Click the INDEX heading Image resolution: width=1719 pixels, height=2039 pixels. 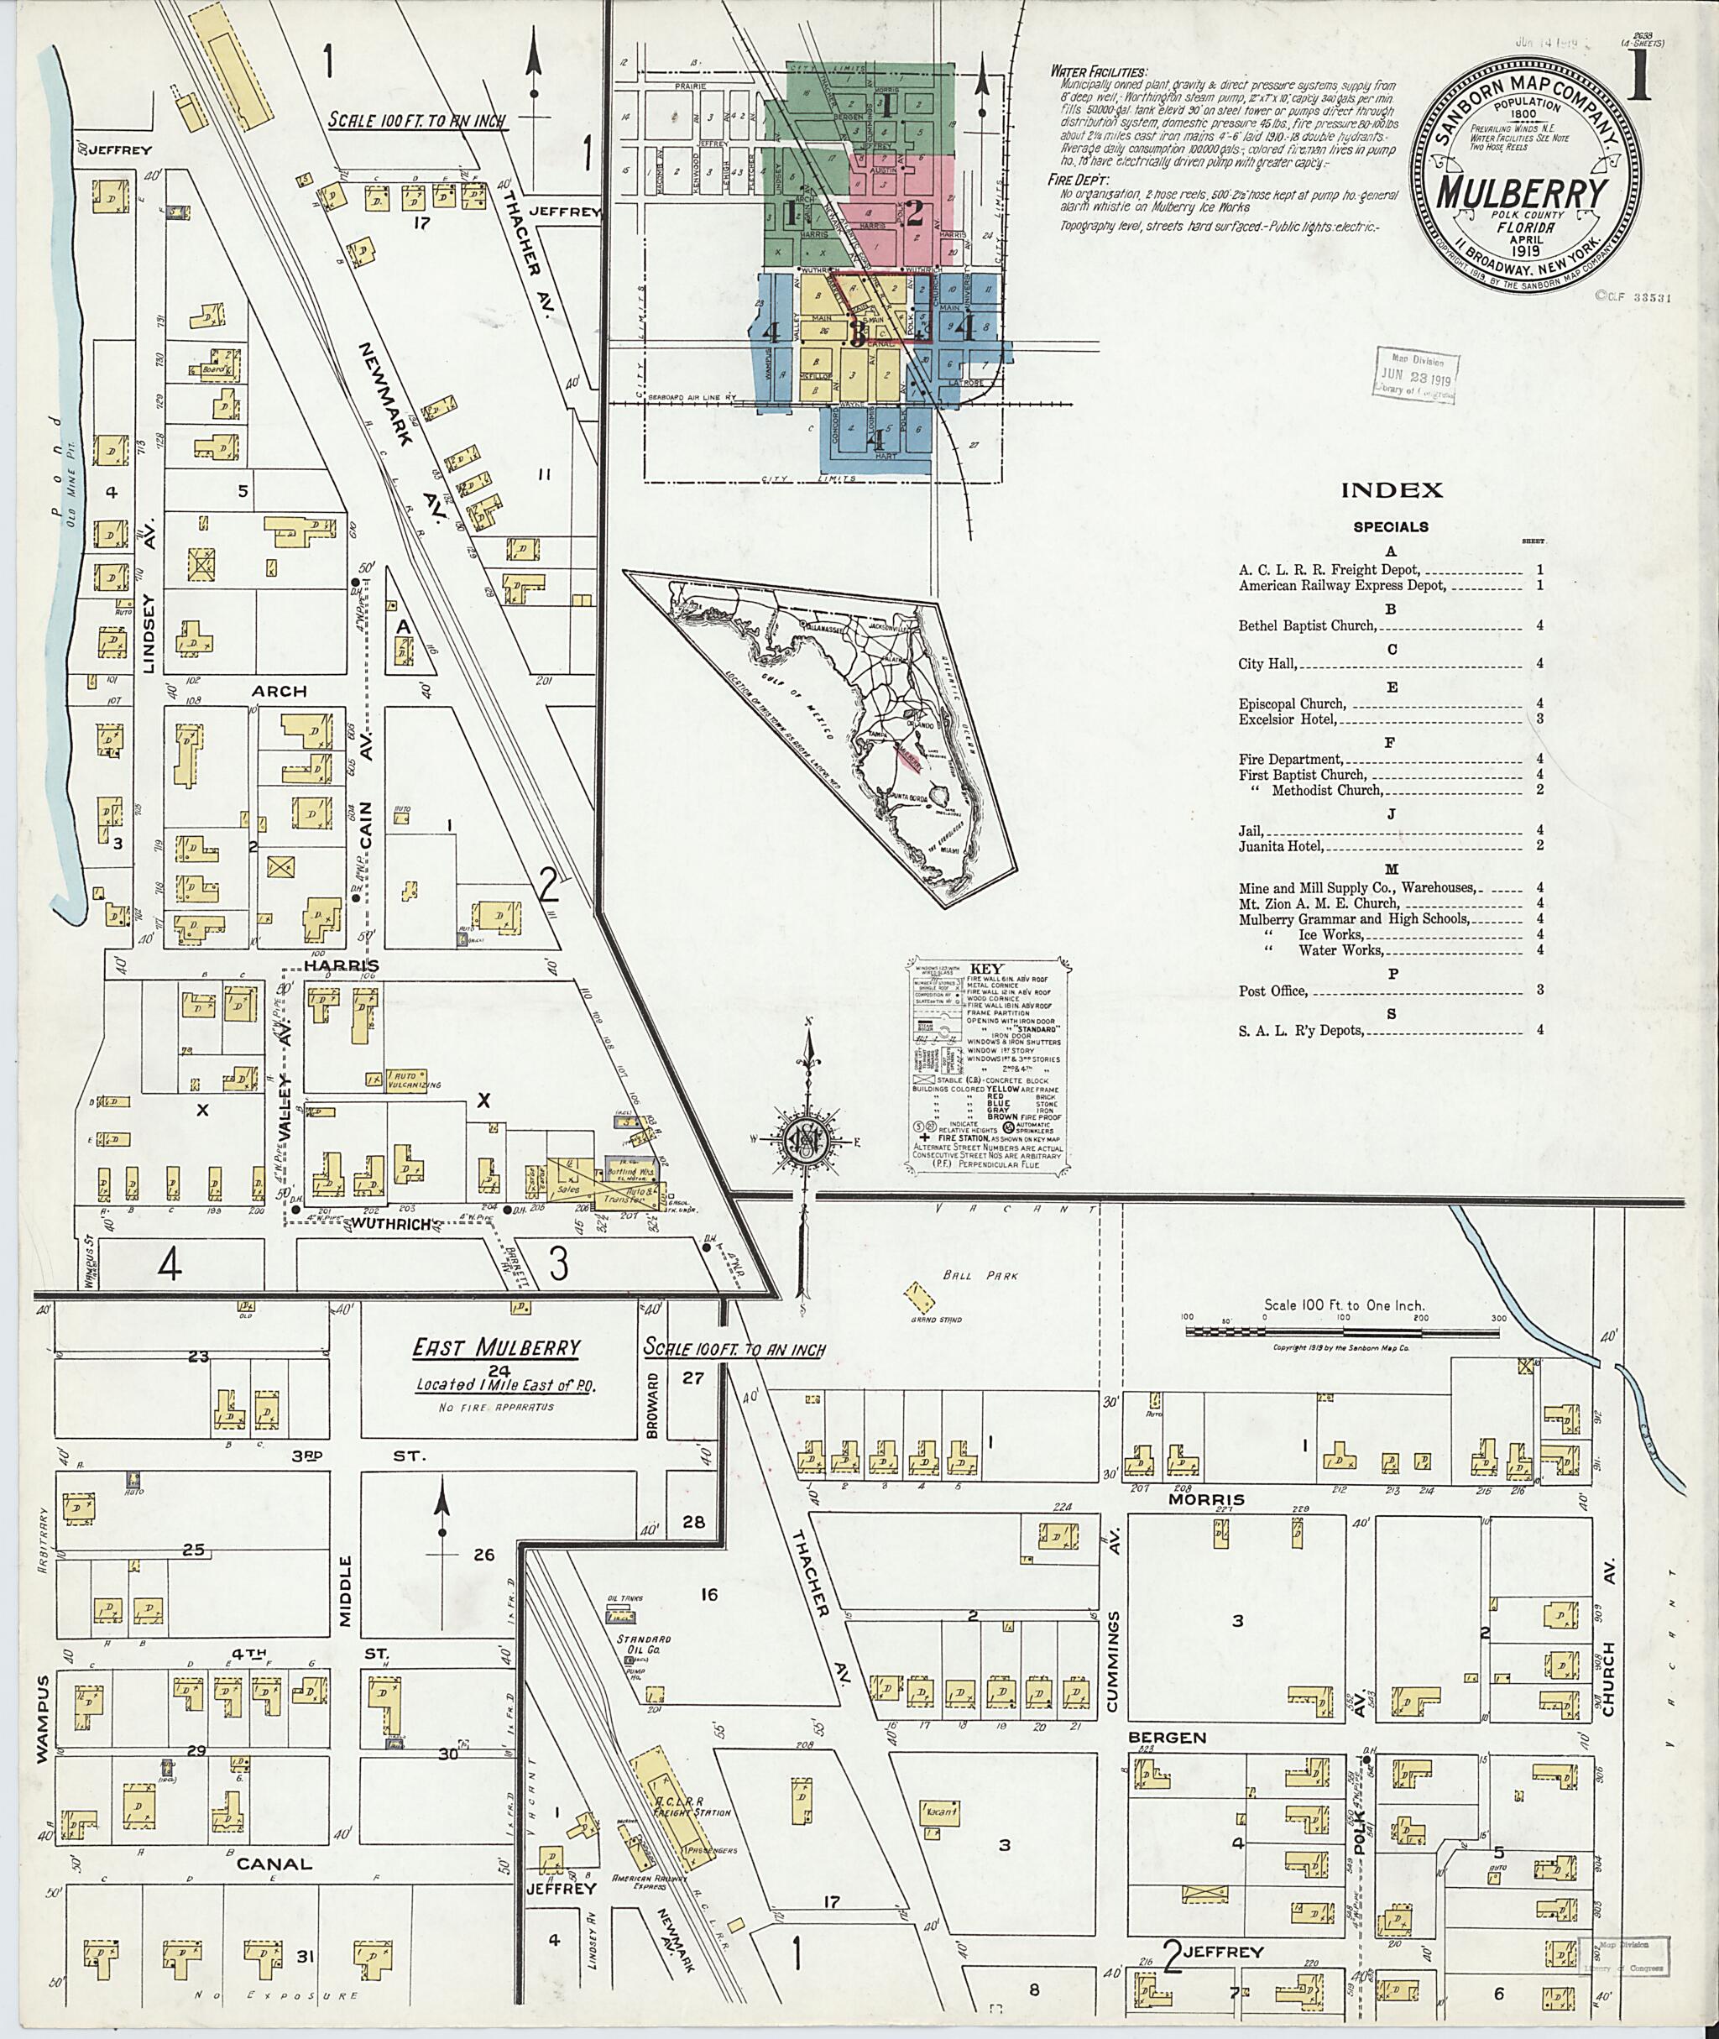tap(1391, 490)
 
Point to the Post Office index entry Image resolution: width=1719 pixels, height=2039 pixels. tap(1272, 991)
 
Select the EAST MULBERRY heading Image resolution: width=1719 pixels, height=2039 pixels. tap(496, 1349)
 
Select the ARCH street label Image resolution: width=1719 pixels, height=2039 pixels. tap(280, 691)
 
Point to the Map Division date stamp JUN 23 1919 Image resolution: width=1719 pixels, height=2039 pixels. tap(1415, 374)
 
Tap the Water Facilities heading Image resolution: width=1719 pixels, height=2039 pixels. tap(1098, 72)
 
